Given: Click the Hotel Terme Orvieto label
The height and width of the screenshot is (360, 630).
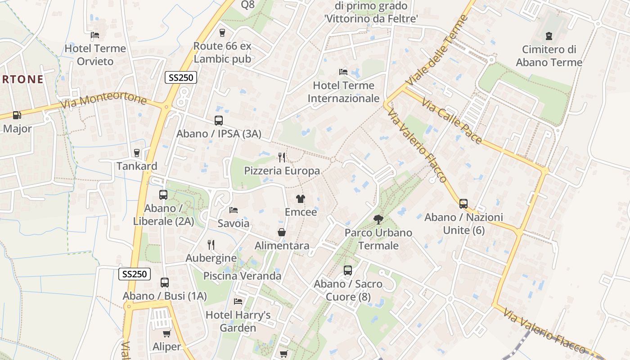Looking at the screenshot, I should (95, 54).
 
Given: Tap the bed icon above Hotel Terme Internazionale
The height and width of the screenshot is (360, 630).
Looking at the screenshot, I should (343, 72).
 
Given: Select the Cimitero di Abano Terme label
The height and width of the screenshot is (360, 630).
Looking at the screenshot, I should (549, 56).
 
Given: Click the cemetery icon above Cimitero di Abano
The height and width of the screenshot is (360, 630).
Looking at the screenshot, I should (549, 36).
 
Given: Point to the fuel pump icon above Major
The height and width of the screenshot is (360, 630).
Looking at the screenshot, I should (17, 115).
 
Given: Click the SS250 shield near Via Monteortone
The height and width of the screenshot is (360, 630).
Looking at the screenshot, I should (181, 77).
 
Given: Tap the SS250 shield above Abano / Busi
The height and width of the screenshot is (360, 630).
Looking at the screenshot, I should (135, 274).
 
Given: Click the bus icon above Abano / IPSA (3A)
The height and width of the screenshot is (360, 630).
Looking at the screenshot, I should (219, 121).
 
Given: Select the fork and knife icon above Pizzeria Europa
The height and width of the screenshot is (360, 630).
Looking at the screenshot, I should (282, 157).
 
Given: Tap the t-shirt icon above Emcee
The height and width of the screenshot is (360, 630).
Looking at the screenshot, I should (301, 198).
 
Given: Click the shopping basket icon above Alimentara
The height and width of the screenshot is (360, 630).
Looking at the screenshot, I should (282, 232).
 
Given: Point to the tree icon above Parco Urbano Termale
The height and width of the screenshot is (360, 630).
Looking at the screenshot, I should (378, 219).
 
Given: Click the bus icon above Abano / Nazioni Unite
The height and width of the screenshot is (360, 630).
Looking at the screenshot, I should (463, 203).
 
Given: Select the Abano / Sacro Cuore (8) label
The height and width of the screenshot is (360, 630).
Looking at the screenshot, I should (348, 290).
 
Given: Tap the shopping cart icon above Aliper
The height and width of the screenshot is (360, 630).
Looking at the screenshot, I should (166, 333).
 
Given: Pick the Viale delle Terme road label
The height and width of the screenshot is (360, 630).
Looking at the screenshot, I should (437, 50).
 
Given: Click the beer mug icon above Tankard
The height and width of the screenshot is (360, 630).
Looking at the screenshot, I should (137, 153).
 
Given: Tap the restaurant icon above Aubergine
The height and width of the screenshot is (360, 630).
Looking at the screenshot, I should (211, 244).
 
